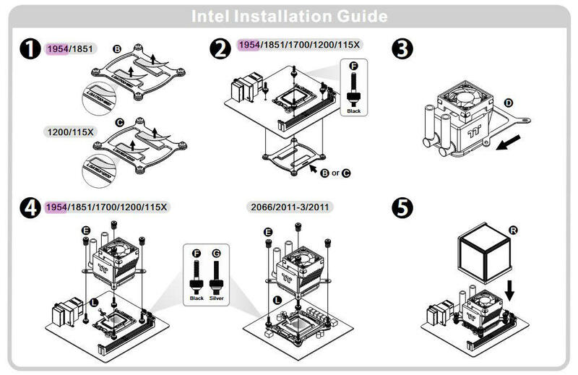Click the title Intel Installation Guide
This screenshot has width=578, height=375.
click(x=289, y=16)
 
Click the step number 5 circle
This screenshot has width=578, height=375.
click(x=402, y=207)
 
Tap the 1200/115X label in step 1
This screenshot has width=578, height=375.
click(x=73, y=132)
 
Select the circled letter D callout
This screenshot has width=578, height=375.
click(x=509, y=103)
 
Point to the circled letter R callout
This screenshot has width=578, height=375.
click(x=513, y=230)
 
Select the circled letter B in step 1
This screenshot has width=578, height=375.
click(x=118, y=48)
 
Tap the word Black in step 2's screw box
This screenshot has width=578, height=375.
click(x=353, y=111)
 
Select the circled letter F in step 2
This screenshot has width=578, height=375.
click(x=353, y=66)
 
